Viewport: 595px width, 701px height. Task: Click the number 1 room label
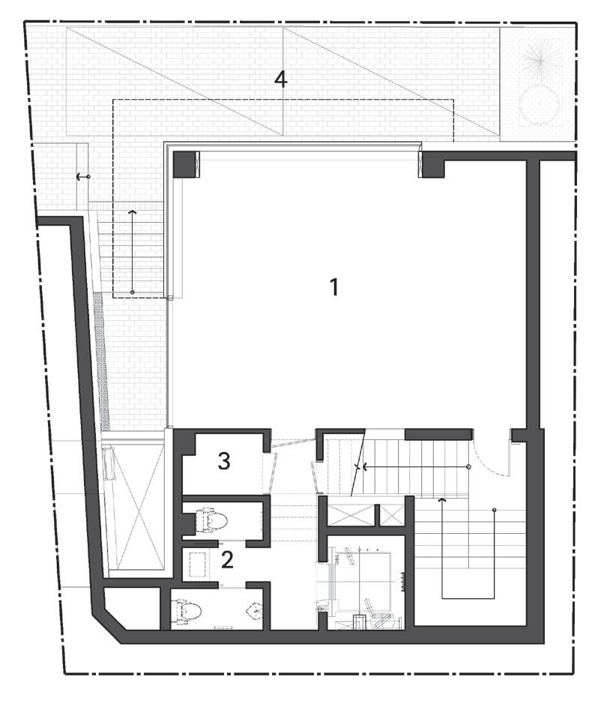[334, 287]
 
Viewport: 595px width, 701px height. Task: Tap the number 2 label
[227, 560]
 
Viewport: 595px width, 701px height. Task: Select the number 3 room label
[224, 460]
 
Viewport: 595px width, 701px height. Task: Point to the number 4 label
[281, 79]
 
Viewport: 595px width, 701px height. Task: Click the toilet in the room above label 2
[212, 520]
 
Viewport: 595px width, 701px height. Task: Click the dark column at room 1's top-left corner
[184, 165]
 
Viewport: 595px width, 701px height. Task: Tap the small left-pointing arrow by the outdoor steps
[82, 178]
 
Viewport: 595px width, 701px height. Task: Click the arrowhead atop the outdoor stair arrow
[132, 211]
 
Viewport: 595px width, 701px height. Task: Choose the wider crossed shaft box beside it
[351, 515]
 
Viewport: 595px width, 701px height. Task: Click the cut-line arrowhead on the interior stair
[365, 467]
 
